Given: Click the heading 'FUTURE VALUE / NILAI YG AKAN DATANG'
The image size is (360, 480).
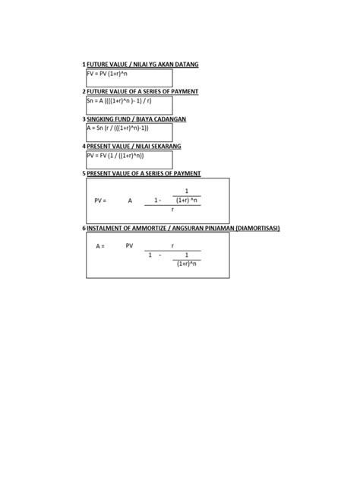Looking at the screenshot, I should coord(143,65).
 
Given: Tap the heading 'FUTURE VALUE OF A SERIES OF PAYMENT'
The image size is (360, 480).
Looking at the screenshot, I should coord(143,91).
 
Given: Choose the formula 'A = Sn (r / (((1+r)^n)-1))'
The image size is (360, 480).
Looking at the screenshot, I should coord(123,128).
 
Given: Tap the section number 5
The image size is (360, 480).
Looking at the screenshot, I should coord(84,173).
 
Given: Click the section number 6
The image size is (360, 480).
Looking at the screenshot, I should coord(84,228).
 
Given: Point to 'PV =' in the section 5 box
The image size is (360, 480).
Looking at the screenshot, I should coord(100,201).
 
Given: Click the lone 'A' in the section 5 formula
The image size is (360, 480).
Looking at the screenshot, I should coord(130,201).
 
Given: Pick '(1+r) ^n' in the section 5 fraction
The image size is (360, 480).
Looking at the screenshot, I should coord(186,201).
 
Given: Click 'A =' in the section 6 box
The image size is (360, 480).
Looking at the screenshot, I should coord(100,246).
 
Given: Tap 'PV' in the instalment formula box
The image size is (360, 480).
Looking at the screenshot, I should coord(130,246).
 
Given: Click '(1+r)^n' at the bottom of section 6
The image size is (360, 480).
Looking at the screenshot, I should coord(186,264).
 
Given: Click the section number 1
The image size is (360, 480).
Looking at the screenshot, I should coord(84,65).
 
